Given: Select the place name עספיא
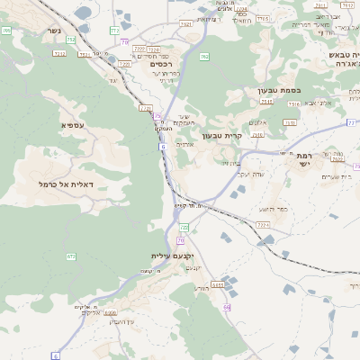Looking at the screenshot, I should pyautogui.click(x=73, y=124).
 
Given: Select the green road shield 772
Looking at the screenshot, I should pyautogui.click(x=114, y=31).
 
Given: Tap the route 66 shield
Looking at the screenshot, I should pyautogui.click(x=227, y=308).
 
